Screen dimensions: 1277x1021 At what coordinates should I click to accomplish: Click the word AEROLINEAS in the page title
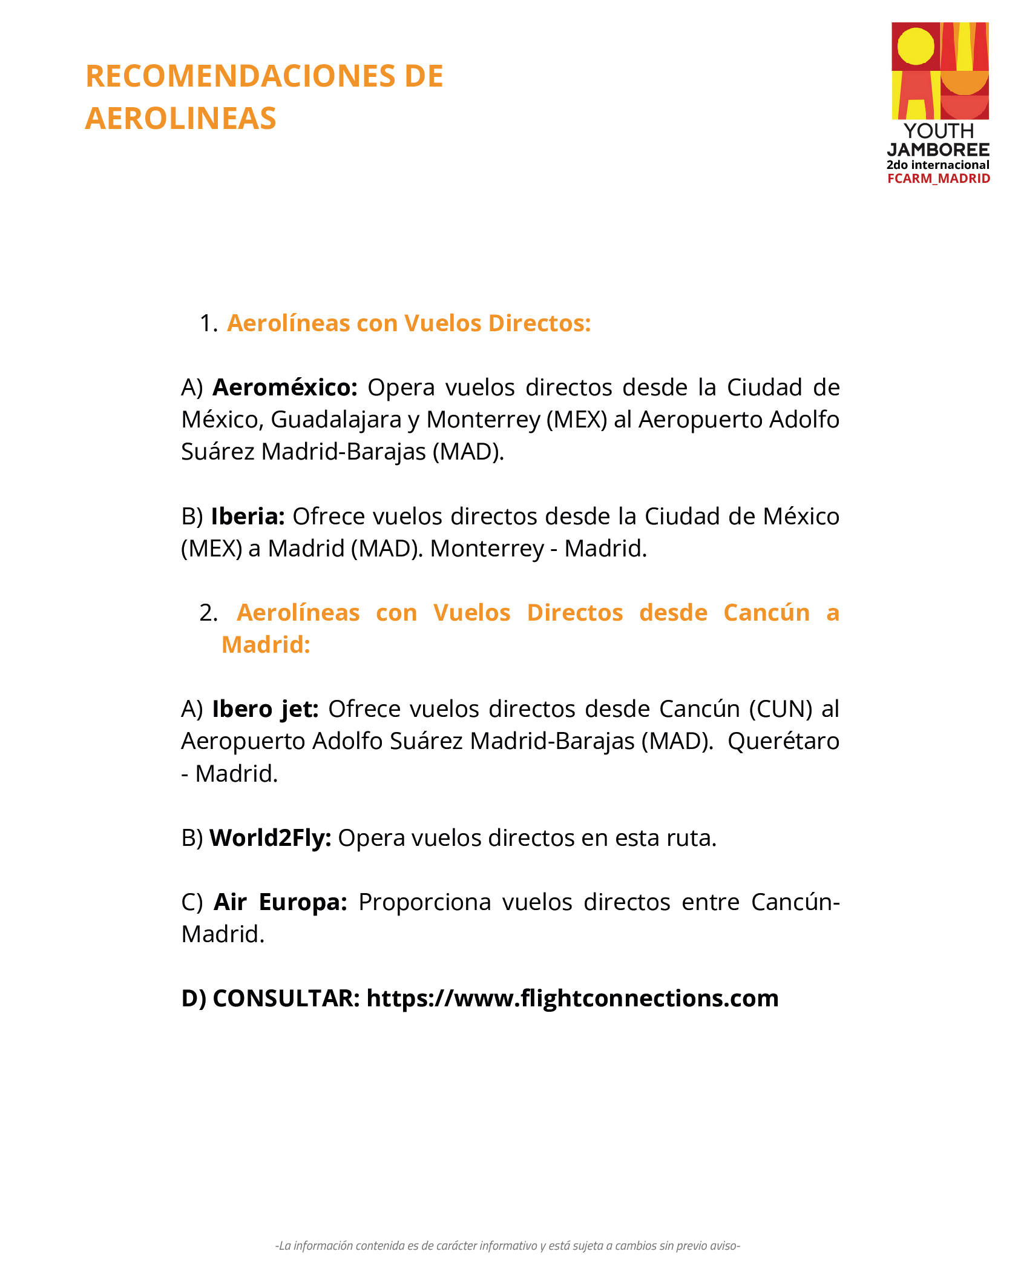pos(180,118)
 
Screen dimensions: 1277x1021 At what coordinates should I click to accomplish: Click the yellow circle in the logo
pos(916,46)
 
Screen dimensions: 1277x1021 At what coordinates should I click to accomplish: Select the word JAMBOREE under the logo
pos(938,150)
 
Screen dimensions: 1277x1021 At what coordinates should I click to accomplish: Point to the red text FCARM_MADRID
pos(939,179)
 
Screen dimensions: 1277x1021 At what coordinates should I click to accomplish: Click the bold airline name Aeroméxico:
pos(285,388)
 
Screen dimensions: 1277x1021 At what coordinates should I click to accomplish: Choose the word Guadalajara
pos(336,420)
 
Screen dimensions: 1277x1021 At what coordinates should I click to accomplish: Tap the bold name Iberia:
pos(248,516)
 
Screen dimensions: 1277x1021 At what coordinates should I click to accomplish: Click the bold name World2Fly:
pos(270,838)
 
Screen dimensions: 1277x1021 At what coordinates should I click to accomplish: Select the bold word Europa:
pos(303,902)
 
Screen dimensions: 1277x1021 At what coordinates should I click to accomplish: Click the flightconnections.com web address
pos(573,998)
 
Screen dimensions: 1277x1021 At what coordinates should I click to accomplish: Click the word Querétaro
pos(783,741)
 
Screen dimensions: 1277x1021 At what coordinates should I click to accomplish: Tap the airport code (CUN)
pos(781,709)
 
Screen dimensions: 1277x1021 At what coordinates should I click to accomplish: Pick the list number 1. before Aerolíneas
pos(208,324)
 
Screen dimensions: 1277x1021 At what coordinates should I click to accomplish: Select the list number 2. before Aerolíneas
pos(208,613)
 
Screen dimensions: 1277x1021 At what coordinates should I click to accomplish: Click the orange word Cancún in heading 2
pos(766,613)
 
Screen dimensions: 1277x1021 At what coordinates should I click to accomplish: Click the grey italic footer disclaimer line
pos(508,1246)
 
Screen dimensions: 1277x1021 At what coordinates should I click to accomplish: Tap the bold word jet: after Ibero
pos(300,709)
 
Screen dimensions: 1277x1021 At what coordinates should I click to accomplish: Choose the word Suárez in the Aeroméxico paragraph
pos(217,452)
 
